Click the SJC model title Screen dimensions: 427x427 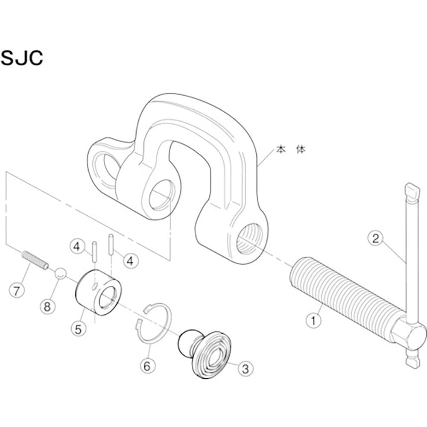pos(22,58)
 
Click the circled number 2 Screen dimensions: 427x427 pos(375,238)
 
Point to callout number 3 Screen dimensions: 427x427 pos(245,368)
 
